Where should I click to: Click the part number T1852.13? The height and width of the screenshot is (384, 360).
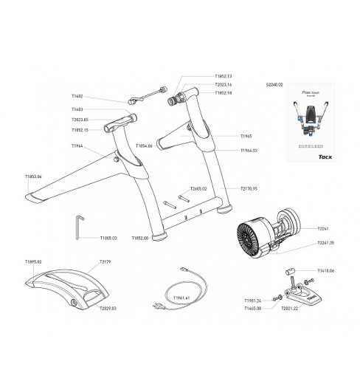click(223, 76)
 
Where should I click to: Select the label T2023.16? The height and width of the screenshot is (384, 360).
click(223, 85)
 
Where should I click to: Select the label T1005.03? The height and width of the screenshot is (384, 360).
click(108, 239)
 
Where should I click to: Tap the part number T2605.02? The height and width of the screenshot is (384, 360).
click(199, 189)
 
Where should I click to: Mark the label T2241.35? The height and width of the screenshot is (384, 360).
click(326, 242)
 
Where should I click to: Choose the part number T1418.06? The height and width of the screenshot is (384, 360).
click(325, 271)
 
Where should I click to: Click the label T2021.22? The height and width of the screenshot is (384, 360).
click(290, 308)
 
